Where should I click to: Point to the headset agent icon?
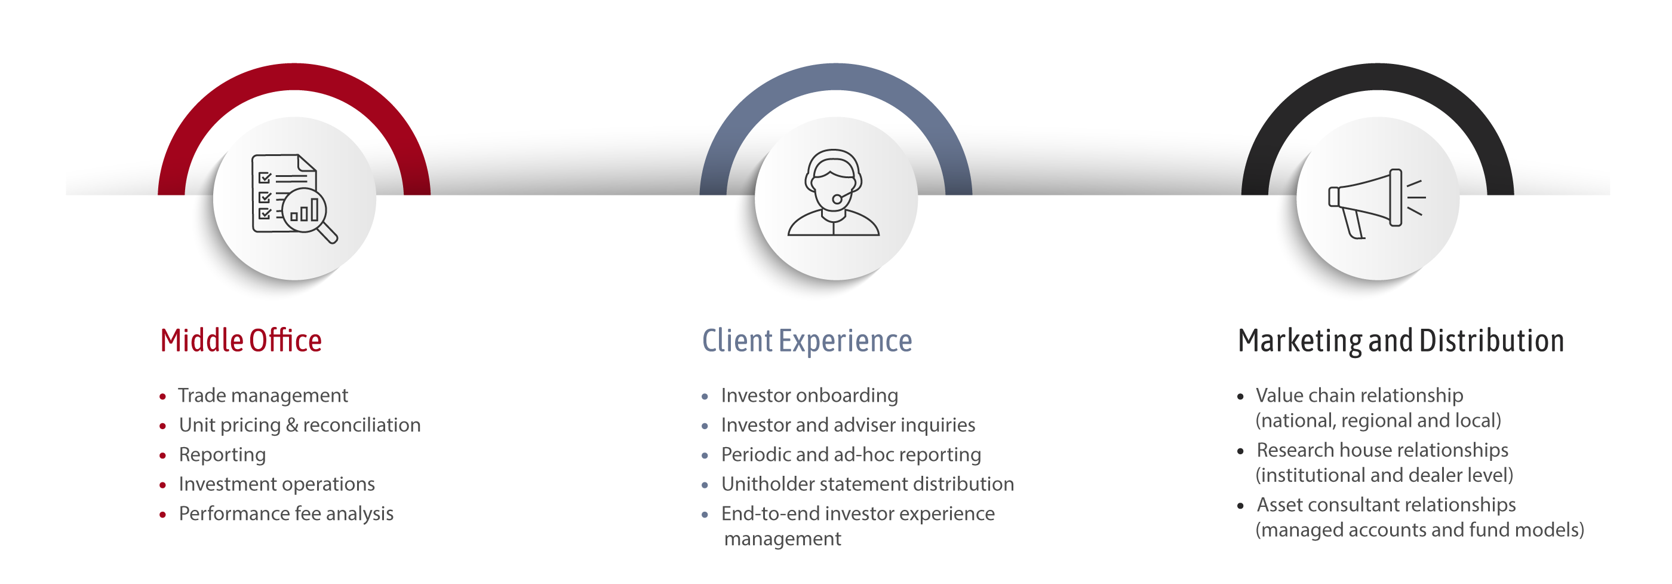point(834,194)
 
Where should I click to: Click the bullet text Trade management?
point(263,396)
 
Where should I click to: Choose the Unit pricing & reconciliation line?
point(299,425)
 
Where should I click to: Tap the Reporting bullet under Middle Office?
point(222,455)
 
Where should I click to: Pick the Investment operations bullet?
point(276,484)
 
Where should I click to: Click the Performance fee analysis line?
point(285,514)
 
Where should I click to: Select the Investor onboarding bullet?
point(809,396)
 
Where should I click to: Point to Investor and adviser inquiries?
point(848,425)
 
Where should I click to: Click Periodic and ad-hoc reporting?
point(850,455)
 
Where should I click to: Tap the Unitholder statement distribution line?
point(867,484)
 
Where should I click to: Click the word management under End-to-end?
point(782,539)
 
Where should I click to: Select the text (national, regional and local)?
point(1378,421)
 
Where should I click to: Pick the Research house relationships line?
point(1382,450)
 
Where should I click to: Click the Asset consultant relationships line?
point(1386,504)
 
